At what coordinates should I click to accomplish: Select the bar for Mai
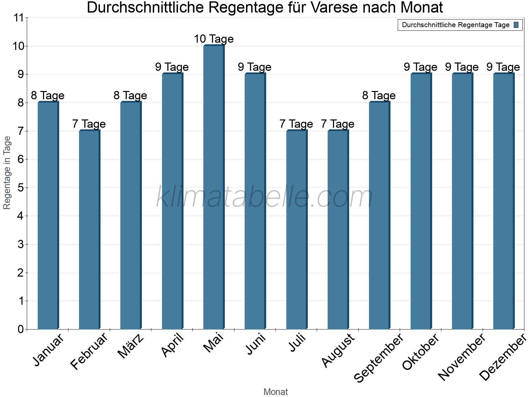coord(214,187)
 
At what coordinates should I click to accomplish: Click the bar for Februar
coord(89,230)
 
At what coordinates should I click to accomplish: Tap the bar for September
coord(379,215)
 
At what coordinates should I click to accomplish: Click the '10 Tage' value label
coord(214,39)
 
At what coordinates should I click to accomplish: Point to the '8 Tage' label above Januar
coord(48,96)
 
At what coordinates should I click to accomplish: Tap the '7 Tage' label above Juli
coord(296,124)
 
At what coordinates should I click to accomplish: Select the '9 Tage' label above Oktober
coord(421,67)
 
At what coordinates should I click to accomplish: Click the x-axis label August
coord(338,351)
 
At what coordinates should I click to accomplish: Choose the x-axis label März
coord(131,346)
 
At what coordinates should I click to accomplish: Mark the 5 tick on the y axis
coord(20,188)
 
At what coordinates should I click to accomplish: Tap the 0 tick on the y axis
coord(20,329)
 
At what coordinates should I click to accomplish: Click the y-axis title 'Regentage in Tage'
coord(7,173)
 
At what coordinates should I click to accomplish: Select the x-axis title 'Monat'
coord(275,392)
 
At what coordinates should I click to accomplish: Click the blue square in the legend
coord(516,25)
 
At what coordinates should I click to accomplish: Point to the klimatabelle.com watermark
coord(264,197)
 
